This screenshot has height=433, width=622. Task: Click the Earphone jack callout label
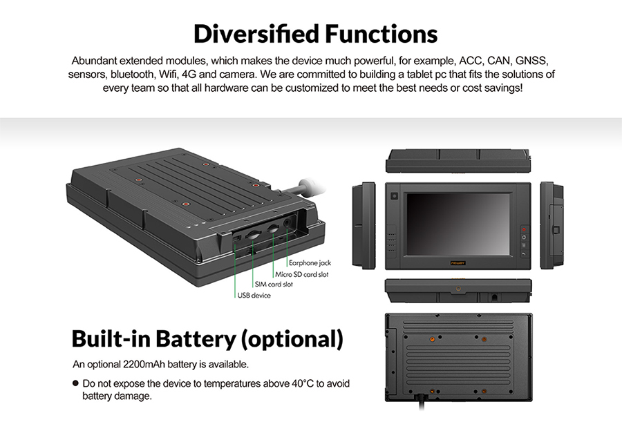pos(310,263)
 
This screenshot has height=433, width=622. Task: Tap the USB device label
pos(254,296)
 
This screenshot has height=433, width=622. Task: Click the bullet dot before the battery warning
pos(75,383)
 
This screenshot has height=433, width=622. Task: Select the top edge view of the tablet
pos(458,160)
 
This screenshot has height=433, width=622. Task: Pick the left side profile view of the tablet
pos(364,226)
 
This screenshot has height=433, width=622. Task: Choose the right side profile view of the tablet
pos(552,226)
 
